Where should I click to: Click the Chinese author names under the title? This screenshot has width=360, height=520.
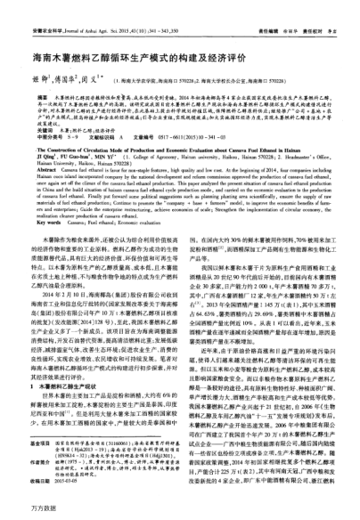point(63,64)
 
